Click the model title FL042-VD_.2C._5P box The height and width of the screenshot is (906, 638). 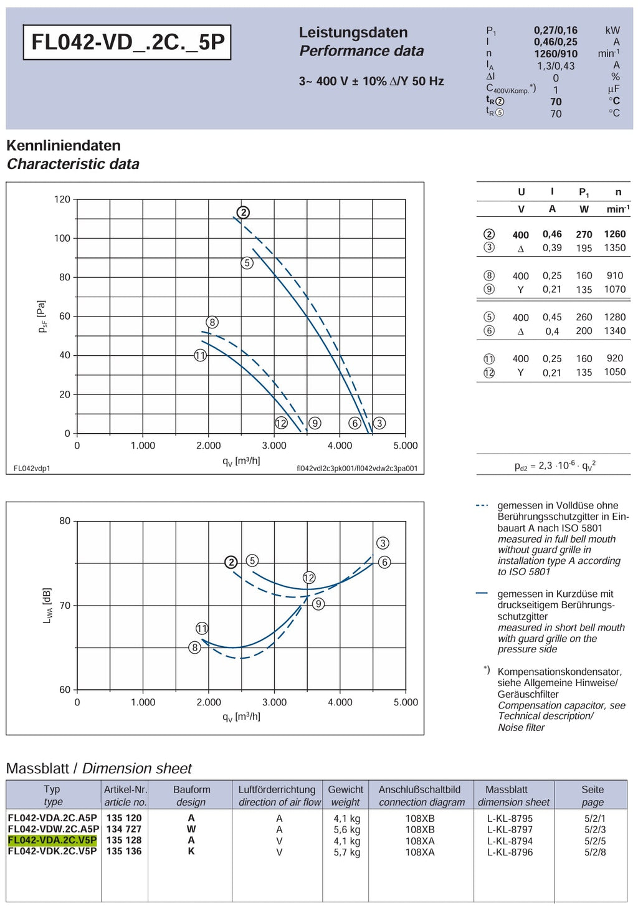(x=127, y=42)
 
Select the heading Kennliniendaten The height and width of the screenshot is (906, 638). (x=64, y=146)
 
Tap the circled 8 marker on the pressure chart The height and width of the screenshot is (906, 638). (x=212, y=322)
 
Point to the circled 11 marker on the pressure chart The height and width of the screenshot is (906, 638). (x=200, y=356)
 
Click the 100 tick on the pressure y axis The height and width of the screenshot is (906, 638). (x=62, y=238)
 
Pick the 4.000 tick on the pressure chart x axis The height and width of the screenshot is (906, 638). (x=340, y=446)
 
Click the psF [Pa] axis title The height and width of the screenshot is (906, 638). (x=42, y=317)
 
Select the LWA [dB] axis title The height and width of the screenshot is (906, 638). (x=47, y=606)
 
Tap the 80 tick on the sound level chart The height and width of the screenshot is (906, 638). (x=65, y=521)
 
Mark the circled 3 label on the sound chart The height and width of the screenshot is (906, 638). (x=383, y=543)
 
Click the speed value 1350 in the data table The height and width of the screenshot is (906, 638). (x=614, y=248)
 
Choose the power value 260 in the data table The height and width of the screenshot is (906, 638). (x=584, y=317)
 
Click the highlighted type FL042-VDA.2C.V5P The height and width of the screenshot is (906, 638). (x=52, y=841)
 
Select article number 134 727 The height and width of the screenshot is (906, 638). (x=124, y=829)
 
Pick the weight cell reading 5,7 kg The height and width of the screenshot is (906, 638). (x=347, y=852)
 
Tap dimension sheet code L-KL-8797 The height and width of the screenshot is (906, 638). (x=510, y=829)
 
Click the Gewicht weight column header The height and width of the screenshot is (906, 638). (x=346, y=796)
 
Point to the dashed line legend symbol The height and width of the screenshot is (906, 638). (x=482, y=505)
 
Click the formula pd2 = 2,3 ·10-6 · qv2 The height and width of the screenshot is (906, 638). (x=555, y=465)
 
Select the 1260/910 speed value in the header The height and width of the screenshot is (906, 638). (x=556, y=54)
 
